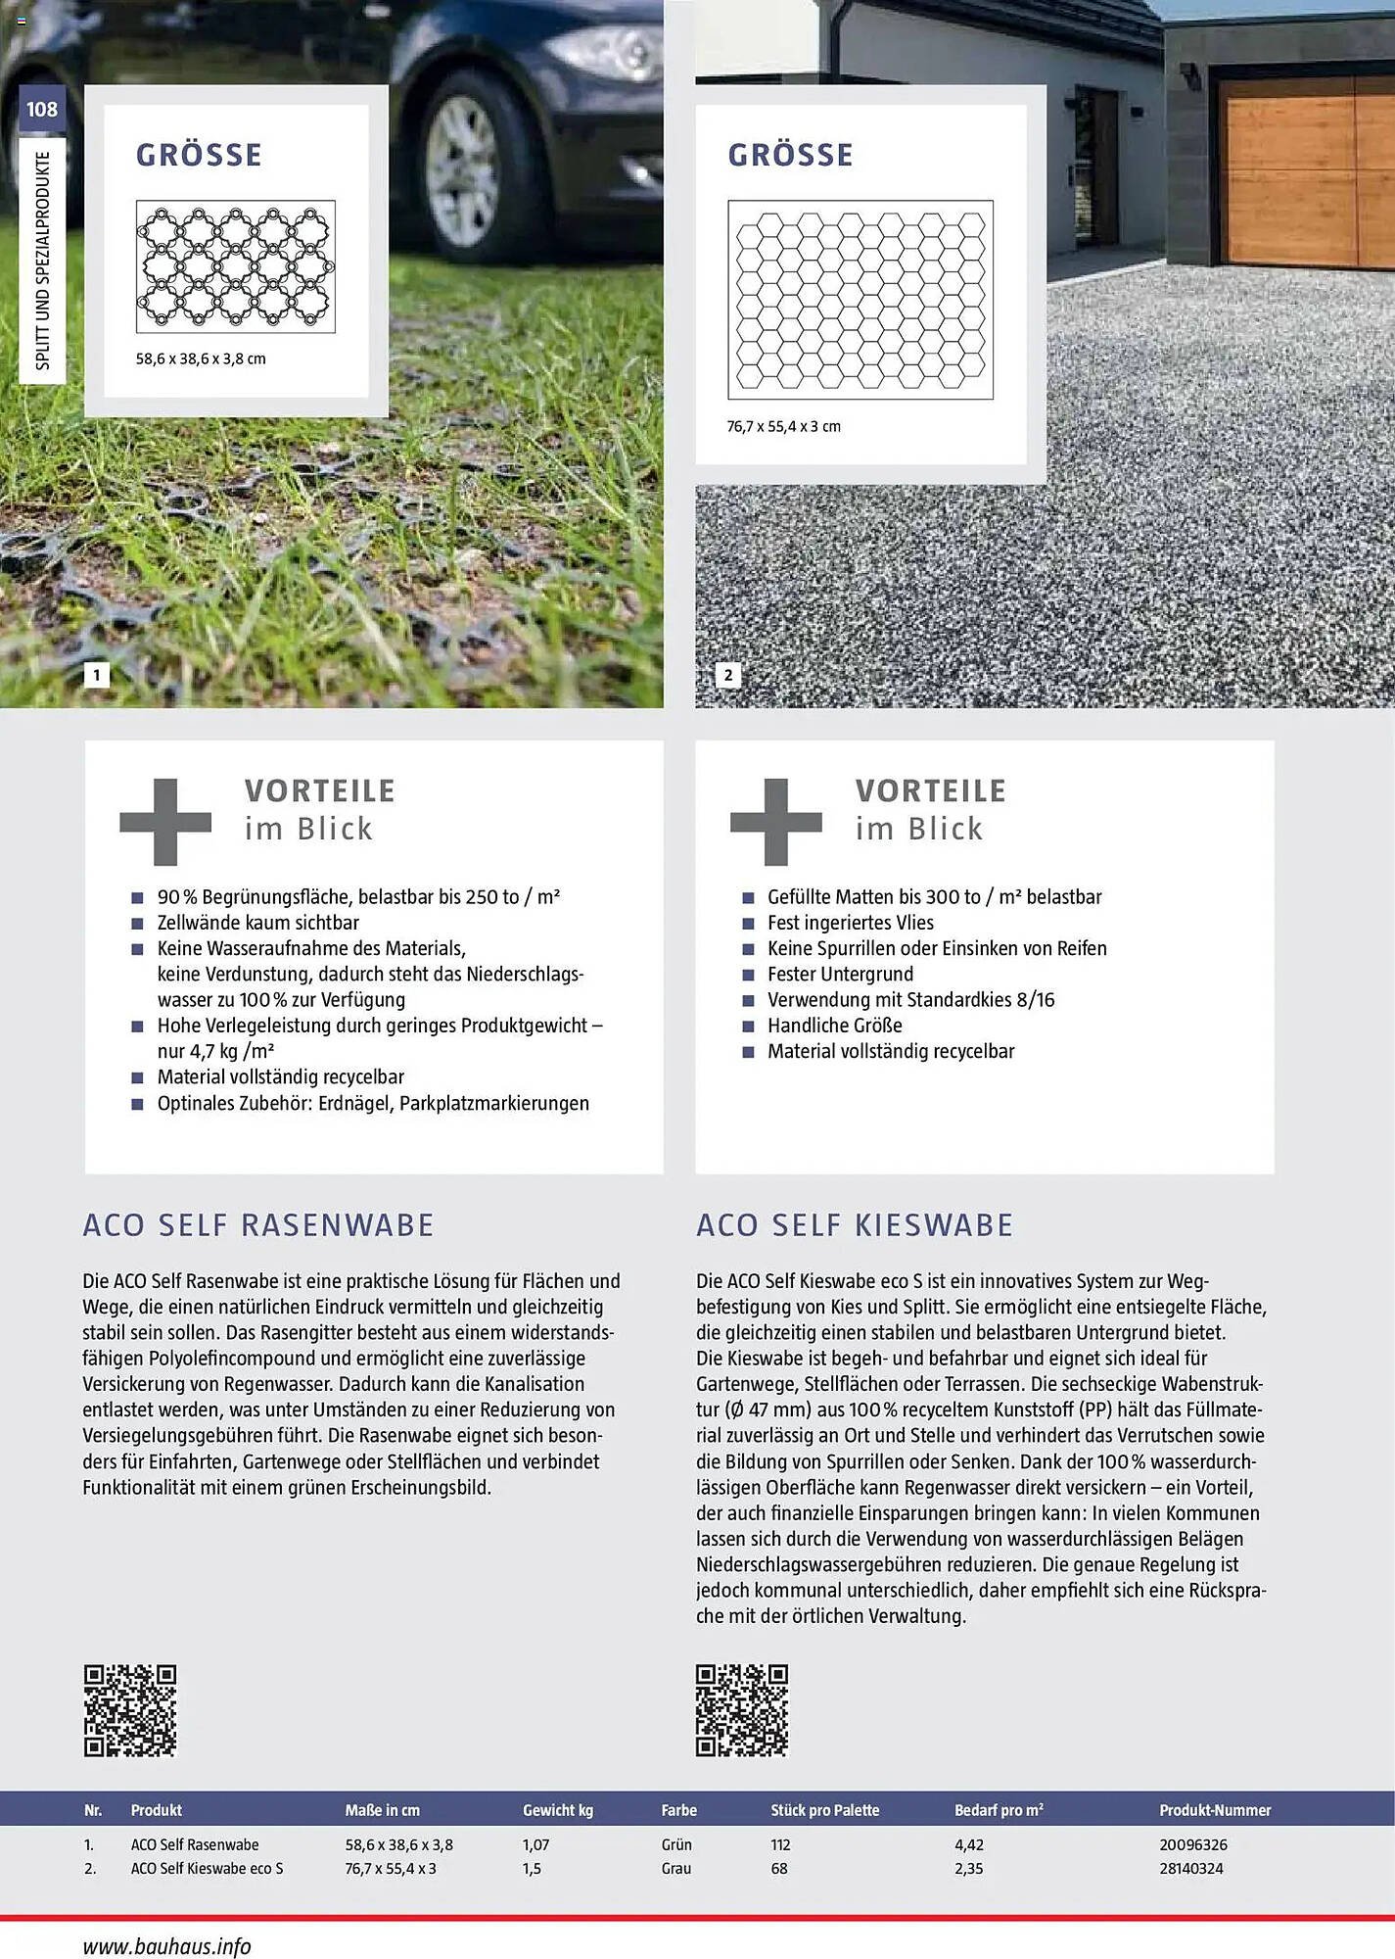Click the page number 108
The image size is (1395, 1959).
pyautogui.click(x=42, y=109)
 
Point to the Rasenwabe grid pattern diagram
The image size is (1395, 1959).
pyautogui.click(x=236, y=266)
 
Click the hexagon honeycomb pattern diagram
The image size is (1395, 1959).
pyautogui.click(x=860, y=300)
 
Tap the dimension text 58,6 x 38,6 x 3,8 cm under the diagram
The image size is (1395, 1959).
pyautogui.click(x=201, y=358)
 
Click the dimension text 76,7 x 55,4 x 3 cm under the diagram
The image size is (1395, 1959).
pyautogui.click(x=783, y=426)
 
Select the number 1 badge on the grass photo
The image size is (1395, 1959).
pyautogui.click(x=96, y=675)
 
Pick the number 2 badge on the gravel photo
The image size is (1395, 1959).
pyautogui.click(x=727, y=675)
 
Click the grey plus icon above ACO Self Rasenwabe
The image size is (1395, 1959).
pyautogui.click(x=165, y=822)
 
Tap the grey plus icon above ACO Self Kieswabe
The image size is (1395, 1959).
pyautogui.click(x=775, y=822)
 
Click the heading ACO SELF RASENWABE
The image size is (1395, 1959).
pyautogui.click(x=258, y=1225)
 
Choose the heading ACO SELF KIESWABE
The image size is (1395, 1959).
pyautogui.click(x=855, y=1225)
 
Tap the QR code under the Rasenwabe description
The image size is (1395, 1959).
pyautogui.click(x=130, y=1709)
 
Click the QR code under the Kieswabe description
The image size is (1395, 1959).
pyautogui.click(x=742, y=1709)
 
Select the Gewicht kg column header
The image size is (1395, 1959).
pyautogui.click(x=557, y=1810)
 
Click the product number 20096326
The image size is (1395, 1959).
pyautogui.click(x=1192, y=1844)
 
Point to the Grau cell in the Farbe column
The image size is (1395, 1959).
pyautogui.click(x=675, y=1868)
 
